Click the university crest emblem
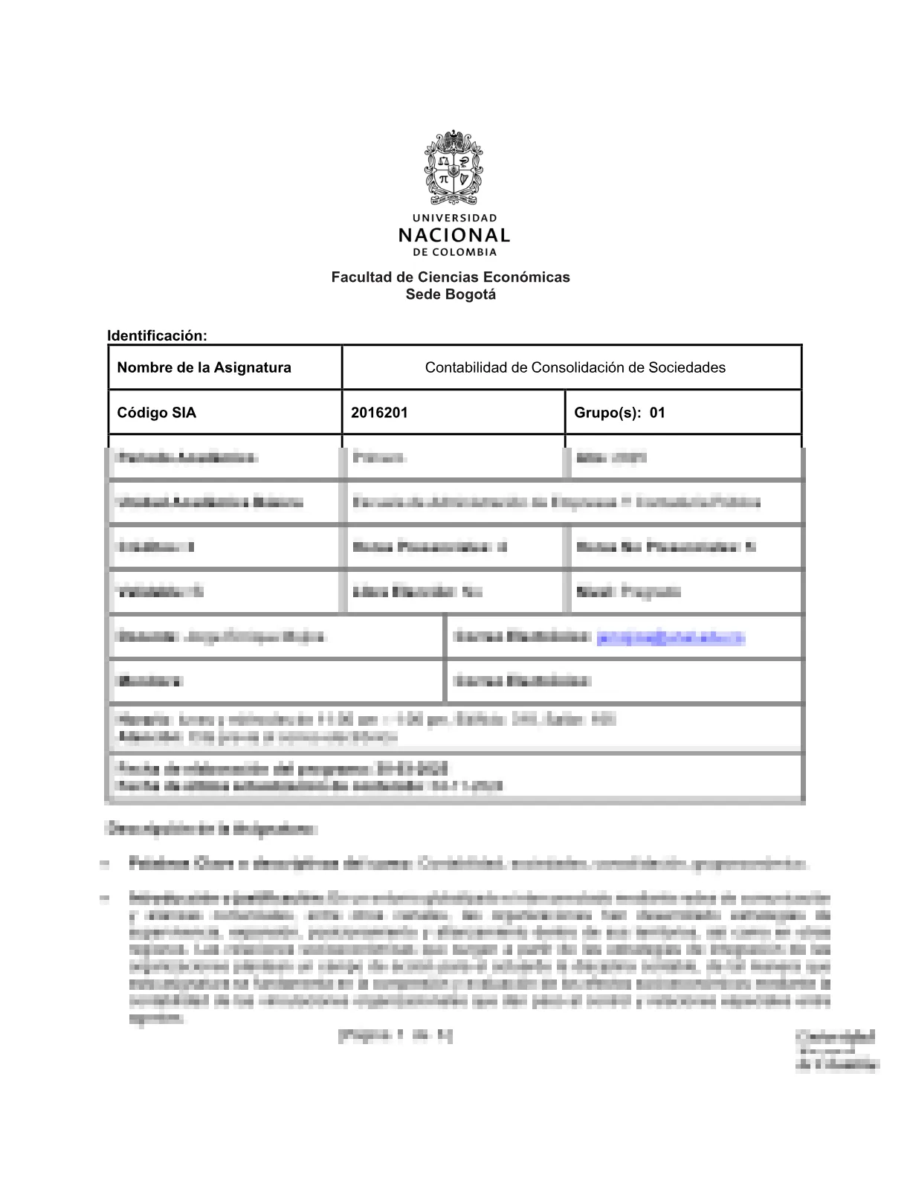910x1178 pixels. tap(454, 168)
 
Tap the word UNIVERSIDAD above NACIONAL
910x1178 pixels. tap(454, 218)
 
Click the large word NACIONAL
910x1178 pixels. tap(454, 236)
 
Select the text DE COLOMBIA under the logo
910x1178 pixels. tap(454, 252)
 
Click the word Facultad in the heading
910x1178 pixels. tap(361, 277)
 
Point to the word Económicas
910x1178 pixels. tap(526, 277)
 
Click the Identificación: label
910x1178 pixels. tap(157, 335)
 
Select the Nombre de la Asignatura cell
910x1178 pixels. tap(204, 367)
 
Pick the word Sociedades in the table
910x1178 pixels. tap(687, 367)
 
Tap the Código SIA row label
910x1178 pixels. tap(157, 413)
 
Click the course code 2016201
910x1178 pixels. tap(379, 413)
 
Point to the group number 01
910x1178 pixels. tap(657, 413)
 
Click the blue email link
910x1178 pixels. tap(671, 637)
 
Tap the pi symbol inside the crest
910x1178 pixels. tap(444, 178)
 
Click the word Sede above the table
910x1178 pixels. tap(422, 294)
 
